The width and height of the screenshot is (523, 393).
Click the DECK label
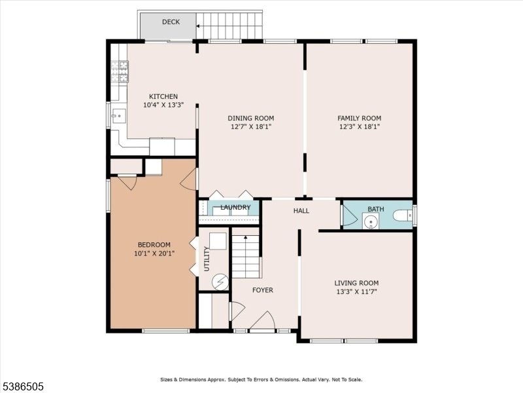coord(171,22)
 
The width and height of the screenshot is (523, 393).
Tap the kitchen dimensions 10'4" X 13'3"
coord(163,105)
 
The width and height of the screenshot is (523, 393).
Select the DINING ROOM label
coord(251,118)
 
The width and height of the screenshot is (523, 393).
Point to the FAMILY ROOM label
coord(359,118)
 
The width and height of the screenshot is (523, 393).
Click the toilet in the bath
coord(403,215)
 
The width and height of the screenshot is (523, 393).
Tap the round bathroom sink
coord(371,221)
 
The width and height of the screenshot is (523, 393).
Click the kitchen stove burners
coord(120,71)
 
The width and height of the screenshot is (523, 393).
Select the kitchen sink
coord(118,116)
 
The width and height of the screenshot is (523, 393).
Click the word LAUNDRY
coord(235,207)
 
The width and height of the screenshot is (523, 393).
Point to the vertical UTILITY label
coord(207,259)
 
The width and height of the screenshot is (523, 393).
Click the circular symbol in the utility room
coord(220,282)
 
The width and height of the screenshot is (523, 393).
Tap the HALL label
coord(301,210)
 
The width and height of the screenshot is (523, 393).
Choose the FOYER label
coord(263,290)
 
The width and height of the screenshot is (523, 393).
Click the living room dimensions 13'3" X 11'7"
coord(356,291)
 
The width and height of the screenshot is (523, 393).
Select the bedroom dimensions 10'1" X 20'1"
coord(154,253)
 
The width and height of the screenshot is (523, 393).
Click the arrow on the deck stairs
coord(198,26)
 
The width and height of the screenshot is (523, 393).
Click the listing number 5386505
coord(22,386)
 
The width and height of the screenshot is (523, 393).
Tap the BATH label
coord(375,209)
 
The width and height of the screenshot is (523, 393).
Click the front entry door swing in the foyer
coord(263,321)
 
